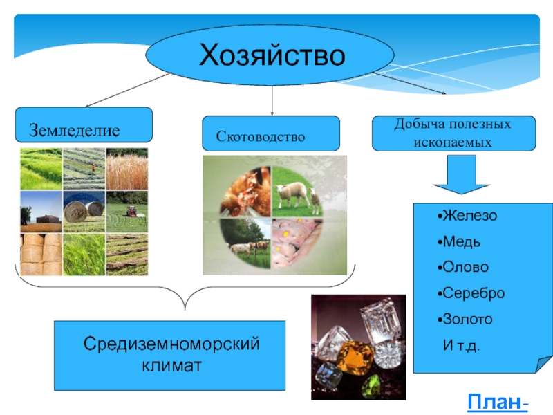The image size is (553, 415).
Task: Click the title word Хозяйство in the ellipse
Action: (272, 55)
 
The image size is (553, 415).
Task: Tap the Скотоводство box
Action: (270, 134)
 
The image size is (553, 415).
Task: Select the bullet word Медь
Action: (462, 242)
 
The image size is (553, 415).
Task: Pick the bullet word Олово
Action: (465, 267)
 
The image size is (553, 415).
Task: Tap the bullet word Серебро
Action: (473, 293)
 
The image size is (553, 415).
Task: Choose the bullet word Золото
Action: (467, 320)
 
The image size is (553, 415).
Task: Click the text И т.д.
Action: (460, 344)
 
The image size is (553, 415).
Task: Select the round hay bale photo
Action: (84, 211)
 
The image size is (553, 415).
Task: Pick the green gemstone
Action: (373, 384)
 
